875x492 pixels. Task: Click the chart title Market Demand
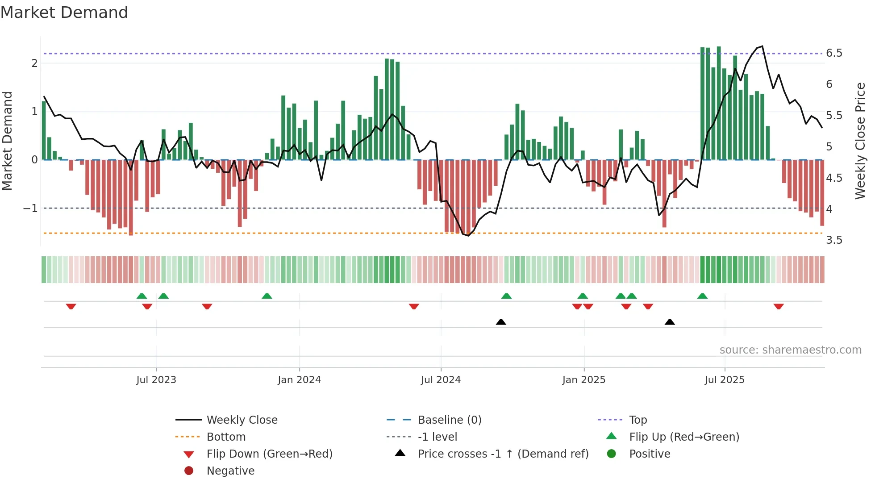pyautogui.click(x=64, y=13)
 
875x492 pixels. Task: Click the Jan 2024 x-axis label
pyautogui.click(x=299, y=380)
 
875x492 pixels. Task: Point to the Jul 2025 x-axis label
pyautogui.click(x=725, y=380)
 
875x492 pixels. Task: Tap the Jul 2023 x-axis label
pyautogui.click(x=156, y=380)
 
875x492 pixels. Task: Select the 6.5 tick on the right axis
pyautogui.click(x=834, y=53)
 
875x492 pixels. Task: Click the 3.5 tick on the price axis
pyautogui.click(x=834, y=240)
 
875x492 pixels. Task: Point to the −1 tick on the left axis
pyautogui.click(x=30, y=208)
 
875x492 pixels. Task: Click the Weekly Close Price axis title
pyautogui.click(x=860, y=141)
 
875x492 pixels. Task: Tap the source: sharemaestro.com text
pyautogui.click(x=790, y=350)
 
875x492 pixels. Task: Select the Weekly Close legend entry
pyautogui.click(x=242, y=420)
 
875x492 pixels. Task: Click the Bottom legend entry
pyautogui.click(x=226, y=437)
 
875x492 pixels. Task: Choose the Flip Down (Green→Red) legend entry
pyautogui.click(x=269, y=454)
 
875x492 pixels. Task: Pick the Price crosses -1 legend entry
pyautogui.click(x=503, y=454)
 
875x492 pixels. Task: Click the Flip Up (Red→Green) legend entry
pyautogui.click(x=684, y=437)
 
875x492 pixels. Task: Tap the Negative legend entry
pyautogui.click(x=230, y=471)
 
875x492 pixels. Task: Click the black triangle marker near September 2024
pyautogui.click(x=501, y=322)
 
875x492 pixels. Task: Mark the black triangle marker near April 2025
pyautogui.click(x=670, y=322)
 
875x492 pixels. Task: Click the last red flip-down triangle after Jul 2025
pyautogui.click(x=779, y=306)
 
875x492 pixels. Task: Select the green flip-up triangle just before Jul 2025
pyautogui.click(x=702, y=296)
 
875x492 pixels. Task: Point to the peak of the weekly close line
pyautogui.click(x=762, y=46)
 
